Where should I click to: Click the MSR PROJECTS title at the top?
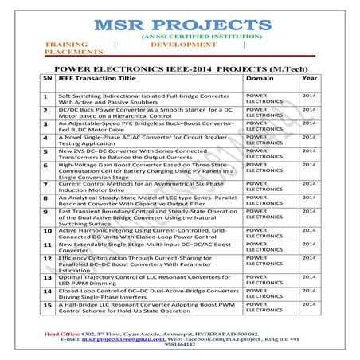pyautogui.click(x=179, y=22)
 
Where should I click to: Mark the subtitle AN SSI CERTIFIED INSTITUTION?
pyautogui.click(x=180, y=37)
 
